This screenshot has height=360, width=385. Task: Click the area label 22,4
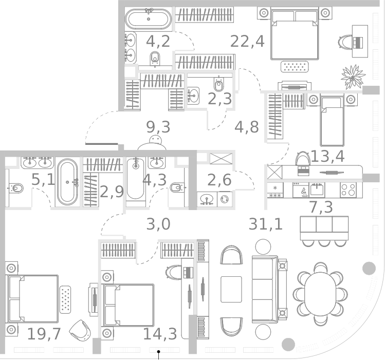pos(247,41)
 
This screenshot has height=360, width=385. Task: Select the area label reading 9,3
pos(158,127)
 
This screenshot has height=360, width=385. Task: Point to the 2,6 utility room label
pos(219,181)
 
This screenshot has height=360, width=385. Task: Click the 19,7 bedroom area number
pos(44,334)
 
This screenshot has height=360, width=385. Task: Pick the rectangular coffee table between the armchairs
pos(231,290)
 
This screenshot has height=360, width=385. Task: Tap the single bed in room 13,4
pos(332,121)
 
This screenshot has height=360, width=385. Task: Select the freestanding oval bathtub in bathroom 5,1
pos(67,182)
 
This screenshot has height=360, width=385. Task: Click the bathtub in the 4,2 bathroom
pos(148,20)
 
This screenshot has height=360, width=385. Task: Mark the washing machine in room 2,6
pos(225,199)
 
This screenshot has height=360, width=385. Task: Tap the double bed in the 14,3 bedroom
pos(129,305)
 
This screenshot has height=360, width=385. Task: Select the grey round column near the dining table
pos(369,268)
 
